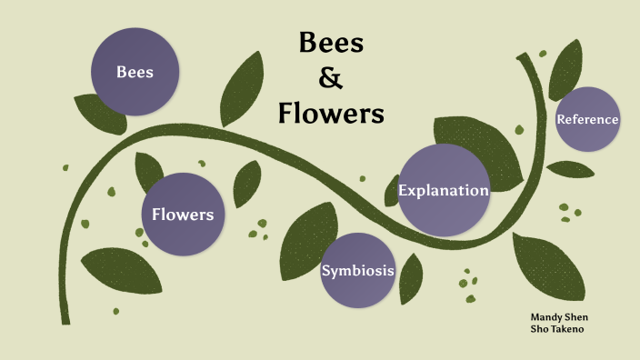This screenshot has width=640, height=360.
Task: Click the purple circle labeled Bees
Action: (x=134, y=72)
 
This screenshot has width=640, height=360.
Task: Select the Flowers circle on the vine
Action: (x=182, y=215)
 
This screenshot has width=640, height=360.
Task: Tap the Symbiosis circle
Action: (x=358, y=270)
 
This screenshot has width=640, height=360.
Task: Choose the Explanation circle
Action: (x=444, y=190)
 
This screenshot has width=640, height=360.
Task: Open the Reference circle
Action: (x=587, y=119)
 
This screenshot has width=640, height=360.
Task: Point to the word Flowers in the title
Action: (x=331, y=115)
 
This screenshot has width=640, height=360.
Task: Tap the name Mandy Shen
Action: (x=558, y=317)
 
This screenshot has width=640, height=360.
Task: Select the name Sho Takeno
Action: (x=556, y=329)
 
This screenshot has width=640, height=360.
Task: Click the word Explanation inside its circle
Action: (x=444, y=191)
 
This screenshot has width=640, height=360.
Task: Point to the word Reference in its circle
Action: (x=587, y=119)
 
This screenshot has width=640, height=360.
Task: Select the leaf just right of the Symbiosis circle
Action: (x=411, y=278)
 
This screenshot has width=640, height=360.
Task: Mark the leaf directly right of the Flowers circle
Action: (x=246, y=183)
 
